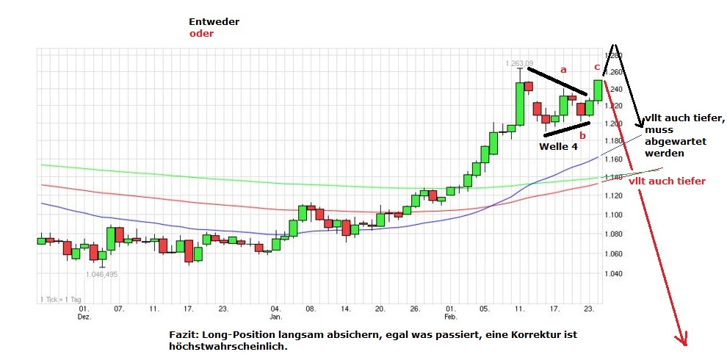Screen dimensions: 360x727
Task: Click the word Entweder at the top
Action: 214,22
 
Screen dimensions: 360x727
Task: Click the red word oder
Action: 201,34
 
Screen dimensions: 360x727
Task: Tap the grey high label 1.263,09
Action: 518,63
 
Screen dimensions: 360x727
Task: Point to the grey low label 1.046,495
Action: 101,274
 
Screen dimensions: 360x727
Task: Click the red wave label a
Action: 563,69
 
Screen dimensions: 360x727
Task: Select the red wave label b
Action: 582,135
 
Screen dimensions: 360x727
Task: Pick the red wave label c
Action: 597,67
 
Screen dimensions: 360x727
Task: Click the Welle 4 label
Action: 559,146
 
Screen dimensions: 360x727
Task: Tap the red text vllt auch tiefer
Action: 668,181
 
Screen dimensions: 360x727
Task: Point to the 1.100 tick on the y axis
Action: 613,215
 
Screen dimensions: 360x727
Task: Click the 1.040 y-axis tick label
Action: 613,273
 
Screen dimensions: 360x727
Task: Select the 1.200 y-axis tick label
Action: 613,123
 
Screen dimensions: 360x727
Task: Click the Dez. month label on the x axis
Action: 84,317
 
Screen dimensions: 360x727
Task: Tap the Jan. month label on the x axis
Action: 275,317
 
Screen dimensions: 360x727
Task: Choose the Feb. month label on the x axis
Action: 451,317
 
